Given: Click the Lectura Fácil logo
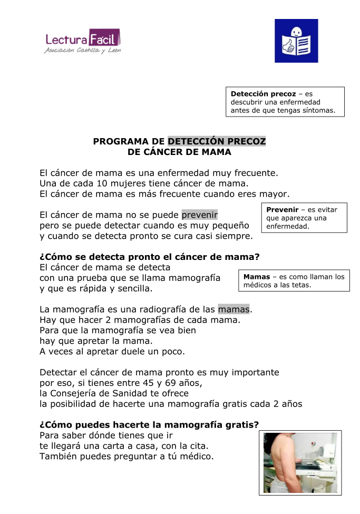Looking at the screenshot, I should [83, 41].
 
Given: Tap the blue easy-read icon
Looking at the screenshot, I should [296, 41].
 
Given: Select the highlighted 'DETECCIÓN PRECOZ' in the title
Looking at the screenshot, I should [217, 141].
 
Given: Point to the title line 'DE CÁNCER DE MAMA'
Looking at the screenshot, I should [179, 152].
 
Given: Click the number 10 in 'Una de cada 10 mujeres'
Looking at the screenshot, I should [103, 183].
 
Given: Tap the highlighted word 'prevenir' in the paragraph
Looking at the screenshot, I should [200, 215].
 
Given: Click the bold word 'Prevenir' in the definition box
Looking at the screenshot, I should [283, 210].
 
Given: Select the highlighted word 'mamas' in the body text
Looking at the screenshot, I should [234, 309].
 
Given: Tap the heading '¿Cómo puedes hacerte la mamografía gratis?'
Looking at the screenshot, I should [149, 425].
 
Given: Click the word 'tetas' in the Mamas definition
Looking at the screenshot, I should [300, 285].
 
